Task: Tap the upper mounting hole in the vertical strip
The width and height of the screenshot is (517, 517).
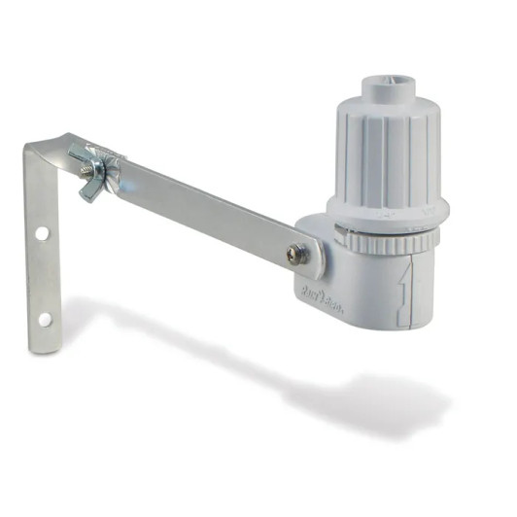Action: point(42,234)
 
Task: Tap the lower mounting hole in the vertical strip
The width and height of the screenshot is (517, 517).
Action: point(45,318)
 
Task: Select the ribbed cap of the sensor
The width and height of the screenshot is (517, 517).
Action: point(387,155)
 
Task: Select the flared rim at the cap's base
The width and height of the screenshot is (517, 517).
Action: point(387,208)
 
